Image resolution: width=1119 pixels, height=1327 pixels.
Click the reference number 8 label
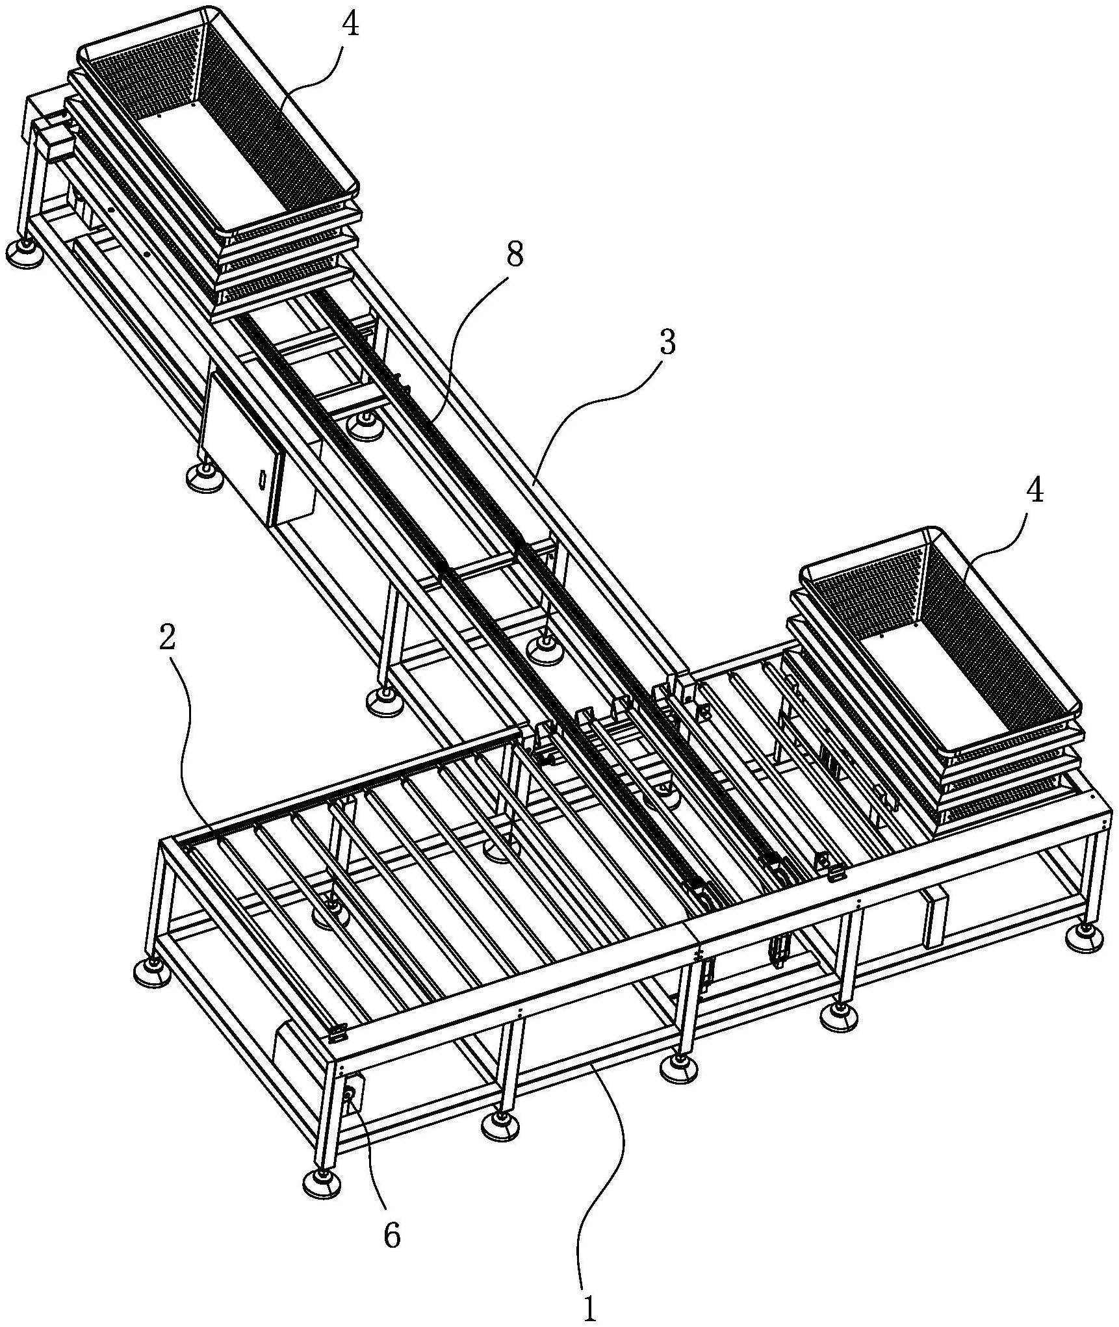514,255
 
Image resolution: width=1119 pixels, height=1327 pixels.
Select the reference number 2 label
167,639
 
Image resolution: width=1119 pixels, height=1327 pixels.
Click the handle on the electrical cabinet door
261,479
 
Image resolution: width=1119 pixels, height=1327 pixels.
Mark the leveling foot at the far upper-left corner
26,250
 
